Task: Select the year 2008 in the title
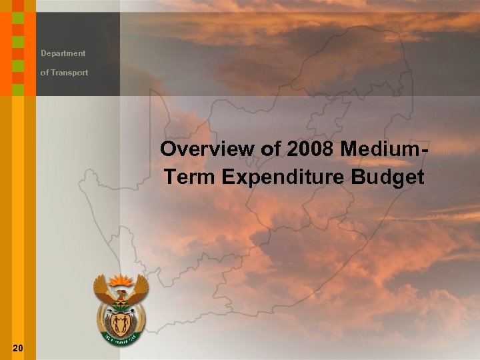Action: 310,149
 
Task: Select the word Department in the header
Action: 63,53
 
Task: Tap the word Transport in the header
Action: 69,73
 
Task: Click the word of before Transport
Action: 44,73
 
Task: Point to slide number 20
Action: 18,347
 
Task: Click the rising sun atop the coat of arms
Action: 121,279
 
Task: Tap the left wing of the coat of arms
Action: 102,289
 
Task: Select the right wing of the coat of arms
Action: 140,289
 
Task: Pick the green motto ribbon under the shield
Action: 121,339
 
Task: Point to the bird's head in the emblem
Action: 121,293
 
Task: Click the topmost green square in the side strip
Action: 18,6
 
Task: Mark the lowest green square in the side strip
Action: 18,89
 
